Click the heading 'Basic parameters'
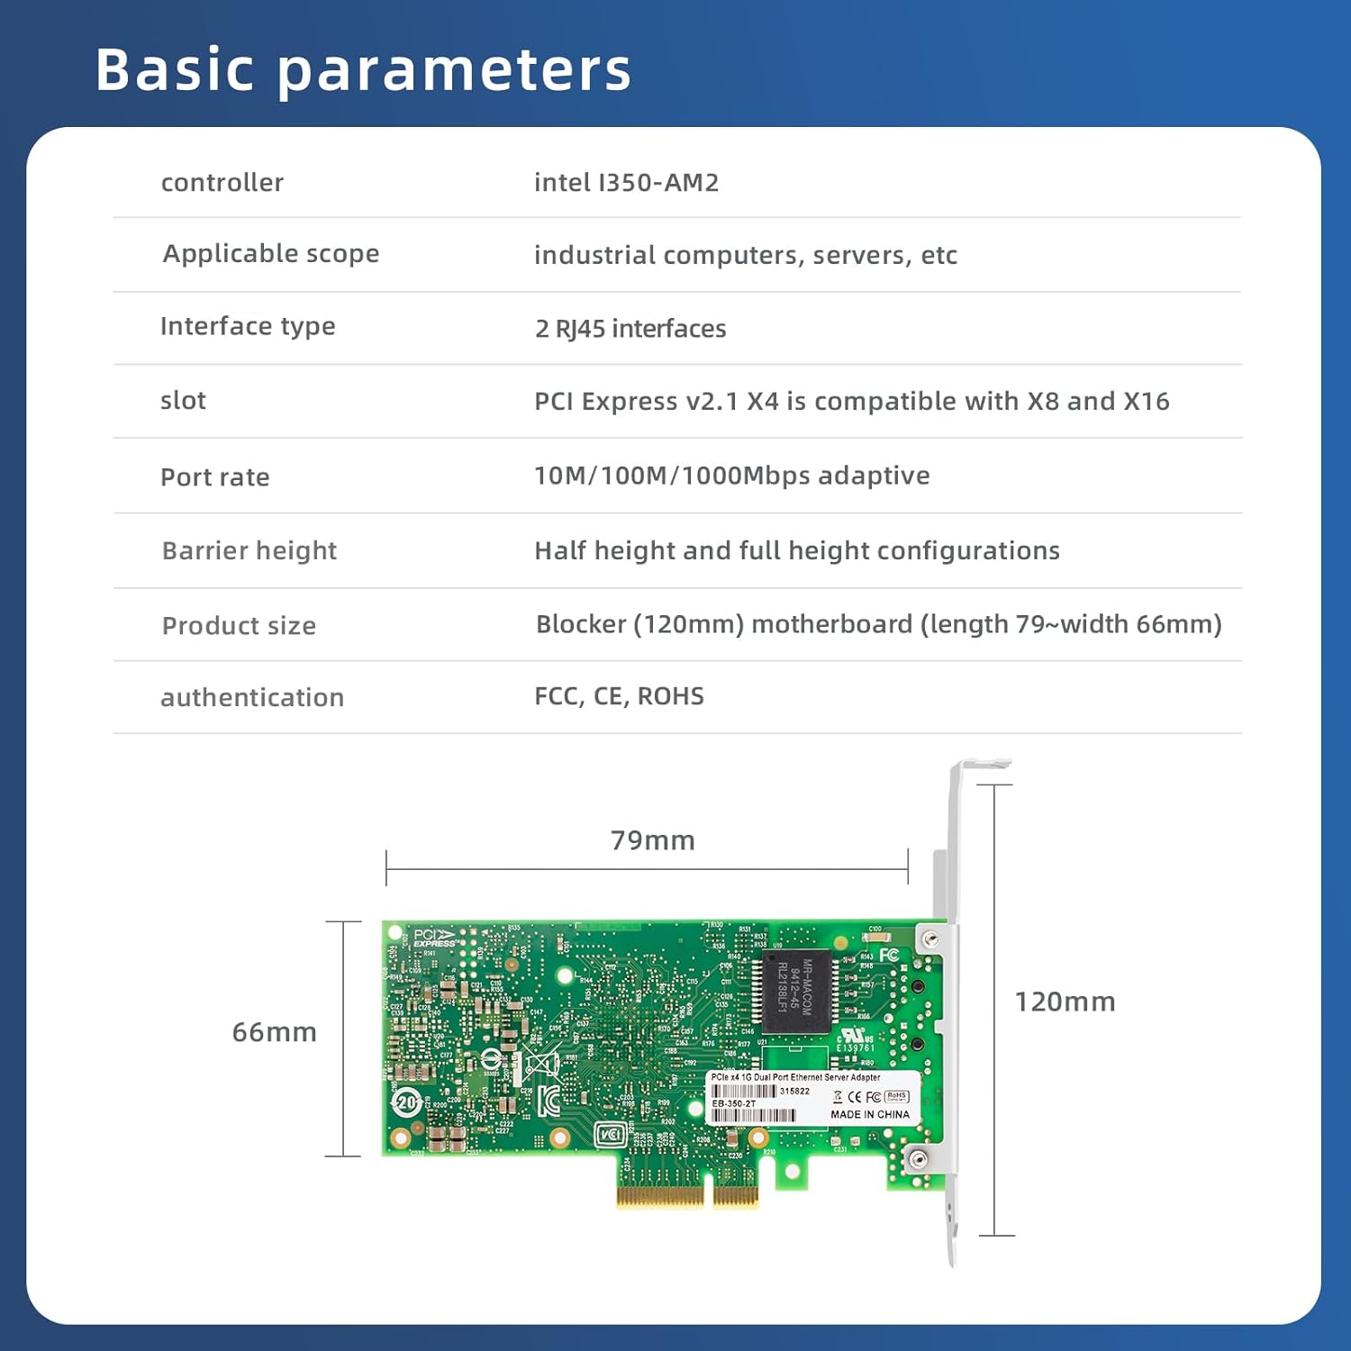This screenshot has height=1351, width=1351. (x=363, y=69)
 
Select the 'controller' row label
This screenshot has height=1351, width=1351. (x=222, y=183)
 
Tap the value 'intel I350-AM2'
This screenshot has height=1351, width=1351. (x=626, y=183)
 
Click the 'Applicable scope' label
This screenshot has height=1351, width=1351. (x=270, y=254)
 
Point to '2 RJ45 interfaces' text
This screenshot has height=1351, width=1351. (x=630, y=329)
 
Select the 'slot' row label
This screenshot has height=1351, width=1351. (x=183, y=401)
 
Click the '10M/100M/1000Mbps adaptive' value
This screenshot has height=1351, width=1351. (x=731, y=476)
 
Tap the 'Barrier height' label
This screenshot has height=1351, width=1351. (x=249, y=550)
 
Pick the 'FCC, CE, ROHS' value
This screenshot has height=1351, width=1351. (x=619, y=696)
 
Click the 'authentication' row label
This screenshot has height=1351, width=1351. (x=252, y=697)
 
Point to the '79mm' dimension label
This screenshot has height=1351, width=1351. (x=652, y=840)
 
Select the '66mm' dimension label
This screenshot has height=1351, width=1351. (x=274, y=1032)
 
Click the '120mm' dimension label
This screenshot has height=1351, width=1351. (x=1065, y=1002)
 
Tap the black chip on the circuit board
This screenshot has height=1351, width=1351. (x=796, y=991)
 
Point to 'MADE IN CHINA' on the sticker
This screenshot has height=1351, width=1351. (x=869, y=1115)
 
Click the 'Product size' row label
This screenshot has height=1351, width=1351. (x=239, y=626)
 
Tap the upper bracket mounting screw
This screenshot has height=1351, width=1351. (x=931, y=939)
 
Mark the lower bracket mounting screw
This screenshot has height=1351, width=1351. (x=918, y=1159)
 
